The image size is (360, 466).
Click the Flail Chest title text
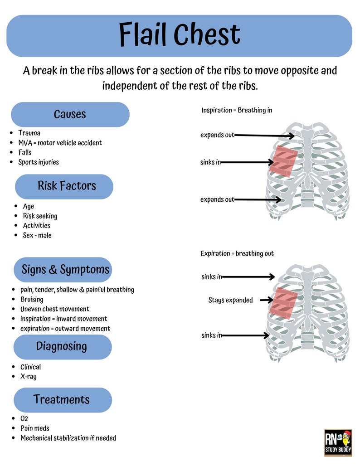(180, 35)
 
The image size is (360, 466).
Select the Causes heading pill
(70, 114)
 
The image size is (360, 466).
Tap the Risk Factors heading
(66, 186)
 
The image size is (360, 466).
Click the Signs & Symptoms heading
(65, 270)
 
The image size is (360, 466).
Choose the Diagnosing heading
(61, 347)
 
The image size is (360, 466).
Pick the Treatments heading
(61, 400)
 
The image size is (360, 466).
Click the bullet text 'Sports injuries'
(39, 162)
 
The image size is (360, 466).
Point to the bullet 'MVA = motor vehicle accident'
(60, 143)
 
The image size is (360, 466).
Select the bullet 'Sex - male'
(37, 235)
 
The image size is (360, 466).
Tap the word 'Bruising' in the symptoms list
(32, 299)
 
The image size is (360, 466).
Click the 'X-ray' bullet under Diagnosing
(28, 377)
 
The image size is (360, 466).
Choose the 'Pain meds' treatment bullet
(34, 428)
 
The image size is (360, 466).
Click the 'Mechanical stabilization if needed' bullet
(68, 438)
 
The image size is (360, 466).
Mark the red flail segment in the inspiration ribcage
(284, 161)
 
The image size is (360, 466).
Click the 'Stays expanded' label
(230, 300)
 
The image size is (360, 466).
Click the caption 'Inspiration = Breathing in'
(237, 110)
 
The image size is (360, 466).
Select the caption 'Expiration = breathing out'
(237, 254)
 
